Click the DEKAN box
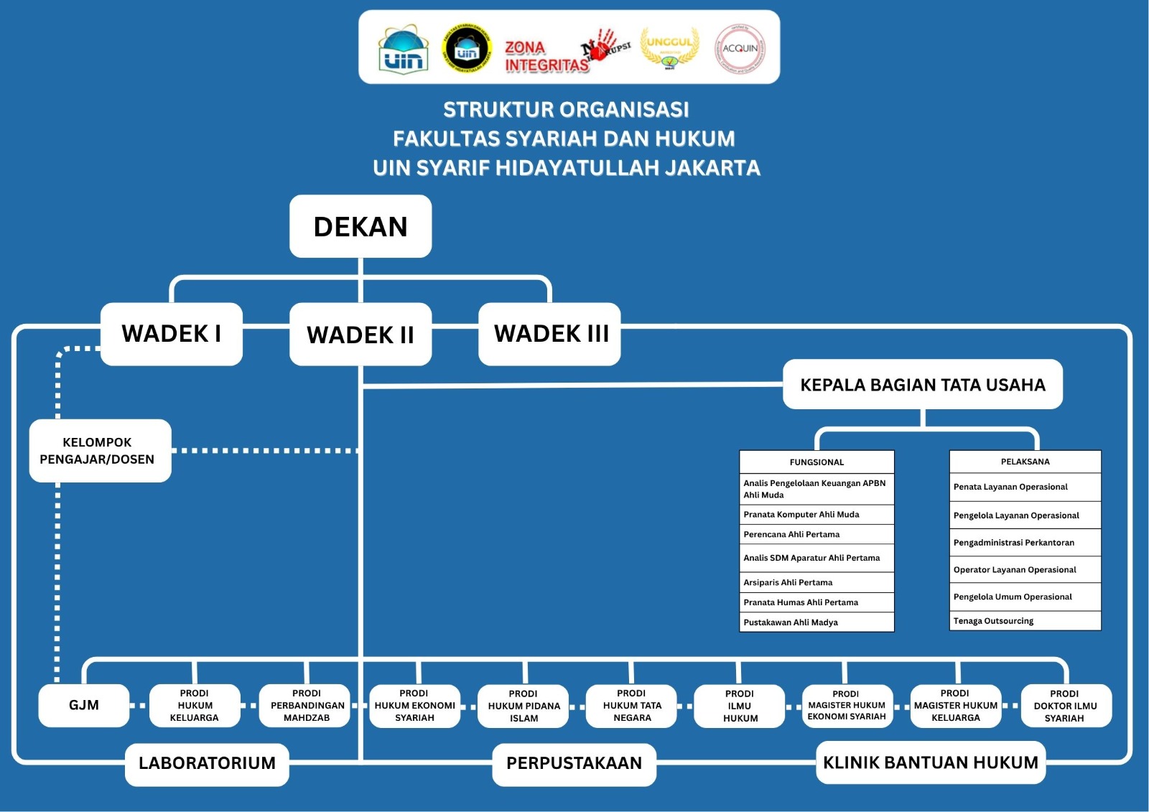coord(360,226)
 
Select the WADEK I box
coord(172,334)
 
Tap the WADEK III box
coord(550,334)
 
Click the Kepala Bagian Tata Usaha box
coord(922,385)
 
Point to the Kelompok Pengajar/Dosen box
coord(100,451)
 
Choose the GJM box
coord(84,705)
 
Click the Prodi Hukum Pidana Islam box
coord(524,706)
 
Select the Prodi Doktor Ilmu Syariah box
coord(1065,706)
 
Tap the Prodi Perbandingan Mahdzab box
coord(307,706)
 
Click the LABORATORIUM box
coord(207,763)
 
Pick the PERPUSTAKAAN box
coord(574,763)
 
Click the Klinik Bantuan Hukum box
coord(930,762)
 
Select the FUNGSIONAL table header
coord(817,462)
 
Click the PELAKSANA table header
coord(1025,462)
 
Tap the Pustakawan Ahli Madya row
coord(817,622)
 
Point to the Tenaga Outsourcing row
coord(1025,621)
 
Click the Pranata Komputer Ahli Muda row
coord(817,514)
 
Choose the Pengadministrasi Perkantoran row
coord(1025,543)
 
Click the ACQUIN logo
coord(740,49)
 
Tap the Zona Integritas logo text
coord(546,57)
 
